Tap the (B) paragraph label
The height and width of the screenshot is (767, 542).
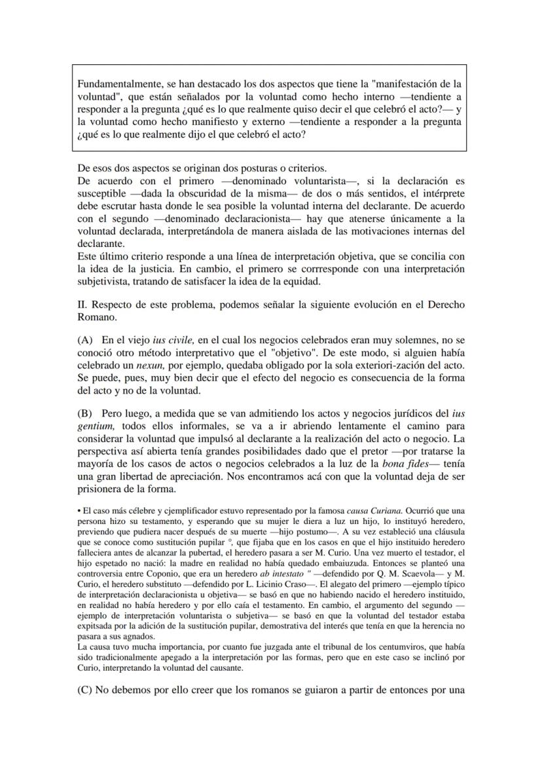(x=84, y=413)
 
